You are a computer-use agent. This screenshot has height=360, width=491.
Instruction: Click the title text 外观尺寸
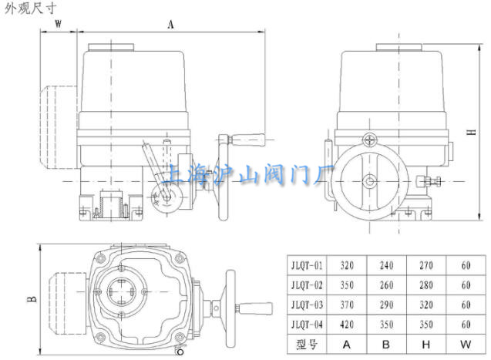point(30,8)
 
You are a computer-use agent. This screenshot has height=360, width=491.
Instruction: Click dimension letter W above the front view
point(59,24)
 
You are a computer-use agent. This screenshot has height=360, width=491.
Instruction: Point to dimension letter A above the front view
point(170,24)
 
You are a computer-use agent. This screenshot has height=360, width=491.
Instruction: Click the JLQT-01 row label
point(307,265)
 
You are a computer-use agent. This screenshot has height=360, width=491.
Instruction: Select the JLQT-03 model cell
point(307,304)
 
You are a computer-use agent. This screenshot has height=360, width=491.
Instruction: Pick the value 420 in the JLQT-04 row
point(347,325)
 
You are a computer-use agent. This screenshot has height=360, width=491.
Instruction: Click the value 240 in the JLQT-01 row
point(386,265)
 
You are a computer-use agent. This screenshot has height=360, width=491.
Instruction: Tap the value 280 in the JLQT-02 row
point(425,285)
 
